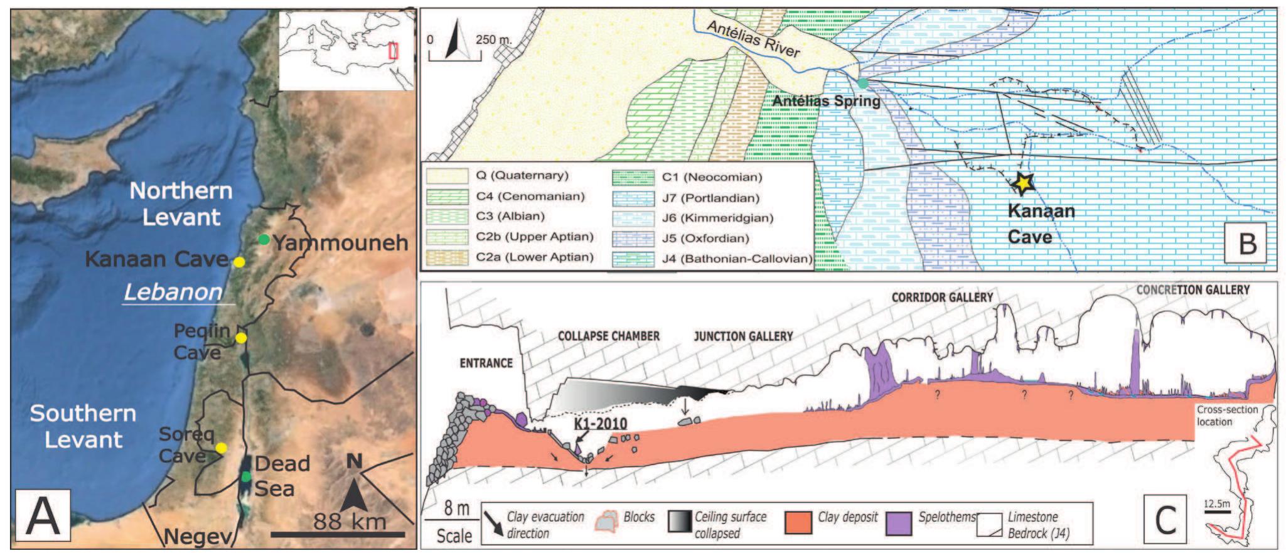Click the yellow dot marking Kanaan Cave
pos(238,262)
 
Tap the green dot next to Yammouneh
pos(264,239)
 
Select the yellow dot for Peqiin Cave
pos(241,338)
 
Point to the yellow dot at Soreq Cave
pos(221,448)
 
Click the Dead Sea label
pos(282,475)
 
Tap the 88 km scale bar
pos(338,534)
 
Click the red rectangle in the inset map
pos(394,50)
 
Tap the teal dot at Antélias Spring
pos(864,83)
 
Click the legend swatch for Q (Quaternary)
pos(447,176)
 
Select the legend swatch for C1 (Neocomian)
pos(633,177)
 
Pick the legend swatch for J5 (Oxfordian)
pos(633,238)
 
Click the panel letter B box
pos(1247,243)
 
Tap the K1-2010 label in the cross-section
pos(601,424)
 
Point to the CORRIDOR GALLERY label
pos(942,297)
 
